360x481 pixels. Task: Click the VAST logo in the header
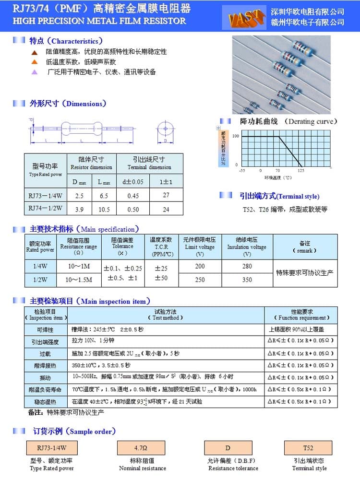point(247,20)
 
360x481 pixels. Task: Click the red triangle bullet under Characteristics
point(34,52)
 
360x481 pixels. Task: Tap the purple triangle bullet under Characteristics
point(34,72)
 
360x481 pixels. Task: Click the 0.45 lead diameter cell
point(133,196)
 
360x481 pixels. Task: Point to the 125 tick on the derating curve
point(301,170)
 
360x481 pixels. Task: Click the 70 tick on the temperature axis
point(278,170)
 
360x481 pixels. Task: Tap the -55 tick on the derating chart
point(242,170)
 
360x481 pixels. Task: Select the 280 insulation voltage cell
point(247,266)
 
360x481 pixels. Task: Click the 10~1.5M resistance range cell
point(79,280)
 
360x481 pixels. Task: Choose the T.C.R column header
point(162,246)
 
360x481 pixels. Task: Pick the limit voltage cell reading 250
point(200,280)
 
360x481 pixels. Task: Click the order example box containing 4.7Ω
point(141,448)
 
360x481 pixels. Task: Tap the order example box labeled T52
point(308,448)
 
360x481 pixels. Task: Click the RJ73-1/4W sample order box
point(51,448)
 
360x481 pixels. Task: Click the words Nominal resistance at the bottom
point(143,468)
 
